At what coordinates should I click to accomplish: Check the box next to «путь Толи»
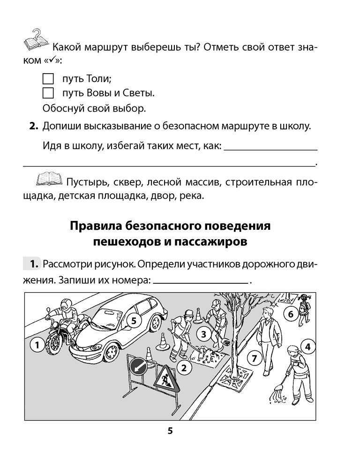48,78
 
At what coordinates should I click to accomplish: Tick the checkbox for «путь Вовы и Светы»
48,93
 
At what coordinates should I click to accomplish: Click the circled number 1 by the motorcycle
37,346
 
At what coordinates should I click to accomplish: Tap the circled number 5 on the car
133,321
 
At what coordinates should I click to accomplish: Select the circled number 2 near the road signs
184,368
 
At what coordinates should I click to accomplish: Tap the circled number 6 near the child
290,314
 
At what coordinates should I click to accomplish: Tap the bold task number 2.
33,126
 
